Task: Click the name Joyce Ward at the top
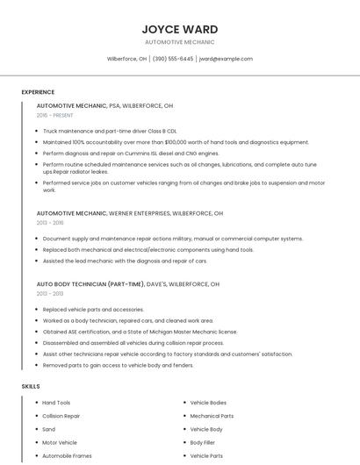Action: click(x=179, y=29)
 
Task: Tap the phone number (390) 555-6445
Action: click(x=172, y=59)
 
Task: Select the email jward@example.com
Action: click(x=226, y=59)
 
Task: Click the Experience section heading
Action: click(x=38, y=91)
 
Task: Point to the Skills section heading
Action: click(x=31, y=386)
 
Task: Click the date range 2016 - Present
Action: click(x=55, y=115)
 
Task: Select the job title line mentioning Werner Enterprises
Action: click(x=130, y=213)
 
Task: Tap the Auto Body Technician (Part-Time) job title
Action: click(x=127, y=284)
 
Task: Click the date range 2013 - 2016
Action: click(x=50, y=223)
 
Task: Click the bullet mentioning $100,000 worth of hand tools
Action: click(x=176, y=141)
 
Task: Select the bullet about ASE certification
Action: click(x=140, y=332)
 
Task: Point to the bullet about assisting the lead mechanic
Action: click(x=125, y=261)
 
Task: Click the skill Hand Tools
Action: click(x=56, y=403)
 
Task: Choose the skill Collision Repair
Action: click(x=61, y=416)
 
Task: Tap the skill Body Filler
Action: click(x=203, y=443)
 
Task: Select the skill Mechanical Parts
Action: click(x=212, y=416)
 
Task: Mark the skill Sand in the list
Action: click(x=49, y=429)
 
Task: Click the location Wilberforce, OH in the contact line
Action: click(x=126, y=59)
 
